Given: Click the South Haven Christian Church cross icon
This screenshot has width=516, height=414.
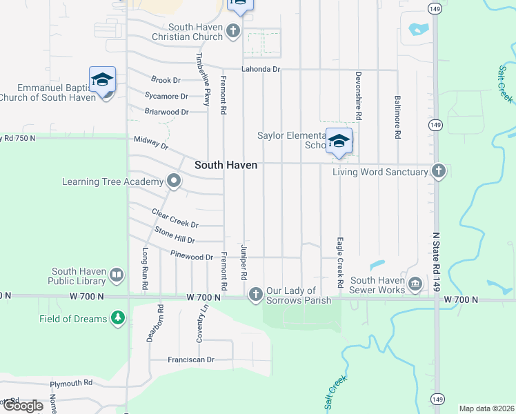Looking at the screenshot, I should pyautogui.click(x=233, y=31).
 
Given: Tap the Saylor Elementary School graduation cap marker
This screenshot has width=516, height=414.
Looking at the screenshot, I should pyautogui.click(x=339, y=141).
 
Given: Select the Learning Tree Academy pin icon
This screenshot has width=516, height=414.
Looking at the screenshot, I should pyautogui.click(x=174, y=181).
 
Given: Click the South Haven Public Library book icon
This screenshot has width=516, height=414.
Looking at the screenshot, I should pyautogui.click(x=117, y=276).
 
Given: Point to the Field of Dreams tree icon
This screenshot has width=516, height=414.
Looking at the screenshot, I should pyautogui.click(x=119, y=318).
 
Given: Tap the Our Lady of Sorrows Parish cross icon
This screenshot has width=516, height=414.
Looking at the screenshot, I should pyautogui.click(x=256, y=295).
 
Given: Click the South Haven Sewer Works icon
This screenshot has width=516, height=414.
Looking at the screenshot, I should pyautogui.click(x=415, y=284).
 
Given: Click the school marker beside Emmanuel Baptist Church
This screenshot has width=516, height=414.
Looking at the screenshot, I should pyautogui.click(x=102, y=80).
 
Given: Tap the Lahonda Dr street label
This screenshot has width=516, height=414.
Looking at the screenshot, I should pyautogui.click(x=261, y=70).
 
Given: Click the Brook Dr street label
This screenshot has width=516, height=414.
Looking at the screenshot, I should pyautogui.click(x=165, y=81).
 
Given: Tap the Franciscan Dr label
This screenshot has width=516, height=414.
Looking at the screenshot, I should pyautogui.click(x=192, y=359).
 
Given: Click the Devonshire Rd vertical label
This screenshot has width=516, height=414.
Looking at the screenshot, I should pyautogui.click(x=359, y=96).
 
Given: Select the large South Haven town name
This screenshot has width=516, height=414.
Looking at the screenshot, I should pyautogui.click(x=226, y=165).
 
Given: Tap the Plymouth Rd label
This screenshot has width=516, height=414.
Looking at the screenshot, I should pyautogui.click(x=72, y=383).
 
